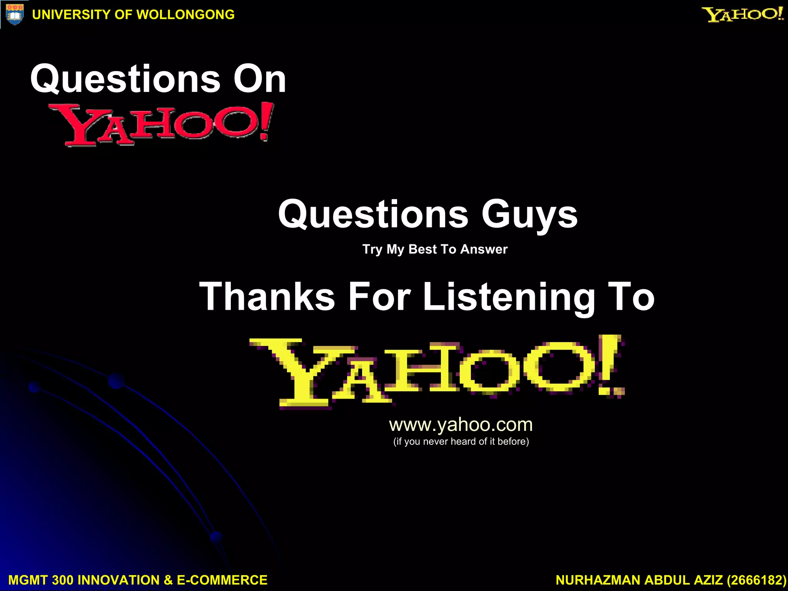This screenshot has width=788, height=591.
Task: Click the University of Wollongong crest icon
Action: pyautogui.click(x=15, y=15)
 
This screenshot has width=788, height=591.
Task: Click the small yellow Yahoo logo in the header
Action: pyautogui.click(x=743, y=15)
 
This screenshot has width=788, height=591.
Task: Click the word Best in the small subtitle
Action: pyautogui.click(x=423, y=249)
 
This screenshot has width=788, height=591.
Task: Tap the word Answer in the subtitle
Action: pyautogui.click(x=484, y=249)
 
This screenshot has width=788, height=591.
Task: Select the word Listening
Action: pyautogui.click(x=509, y=297)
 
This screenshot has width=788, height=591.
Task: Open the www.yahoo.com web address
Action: pyautogui.click(x=461, y=425)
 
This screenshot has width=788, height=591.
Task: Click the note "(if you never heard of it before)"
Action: pyautogui.click(x=461, y=442)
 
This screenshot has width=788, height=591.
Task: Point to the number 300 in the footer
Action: pyautogui.click(x=62, y=580)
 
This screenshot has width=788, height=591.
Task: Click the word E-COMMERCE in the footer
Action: pyautogui.click(x=222, y=580)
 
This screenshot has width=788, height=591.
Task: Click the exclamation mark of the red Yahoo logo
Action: pyautogui.click(x=266, y=121)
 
